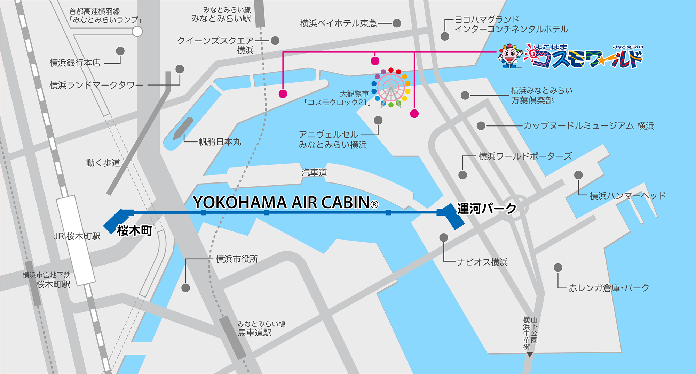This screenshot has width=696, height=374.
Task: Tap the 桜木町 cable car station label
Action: (135, 231)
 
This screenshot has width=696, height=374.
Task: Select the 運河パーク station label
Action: (487, 209)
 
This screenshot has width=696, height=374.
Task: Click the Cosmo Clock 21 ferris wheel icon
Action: (391, 88)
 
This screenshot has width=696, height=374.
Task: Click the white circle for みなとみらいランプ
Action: (137, 32)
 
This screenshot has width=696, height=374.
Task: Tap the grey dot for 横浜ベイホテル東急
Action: (397, 23)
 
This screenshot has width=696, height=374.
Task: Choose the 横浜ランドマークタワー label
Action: (96, 85)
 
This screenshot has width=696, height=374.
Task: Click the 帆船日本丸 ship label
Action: (220, 142)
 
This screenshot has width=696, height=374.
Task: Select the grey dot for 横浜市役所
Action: (186, 288)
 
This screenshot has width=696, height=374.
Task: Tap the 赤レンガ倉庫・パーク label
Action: (609, 288)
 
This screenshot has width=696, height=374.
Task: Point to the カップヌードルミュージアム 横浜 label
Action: (588, 126)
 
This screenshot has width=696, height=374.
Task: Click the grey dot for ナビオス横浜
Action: (444, 238)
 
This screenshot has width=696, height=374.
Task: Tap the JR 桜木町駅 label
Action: (77, 236)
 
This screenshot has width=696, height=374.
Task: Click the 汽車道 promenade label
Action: (314, 172)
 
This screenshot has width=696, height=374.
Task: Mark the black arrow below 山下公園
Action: (530, 355)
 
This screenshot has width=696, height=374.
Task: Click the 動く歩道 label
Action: (103, 163)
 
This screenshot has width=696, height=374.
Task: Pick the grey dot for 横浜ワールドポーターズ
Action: (463, 175)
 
